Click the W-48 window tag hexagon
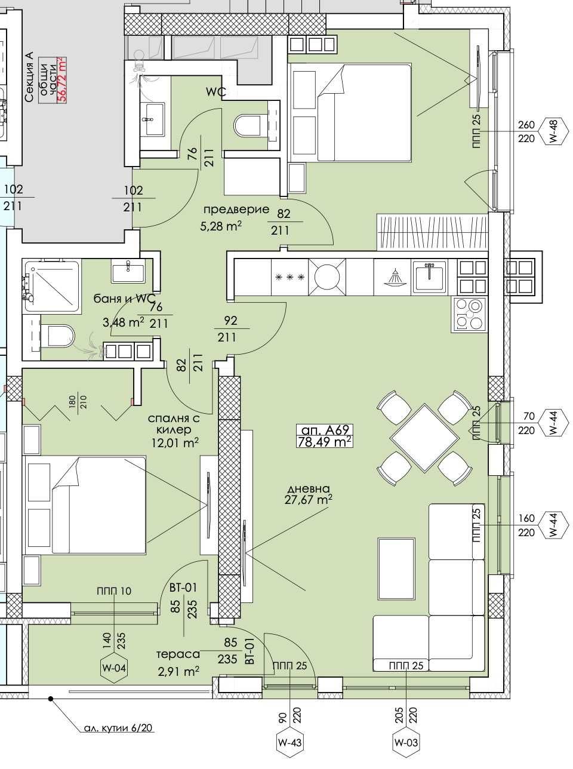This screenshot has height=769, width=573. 552,131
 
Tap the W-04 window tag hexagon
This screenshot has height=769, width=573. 113,668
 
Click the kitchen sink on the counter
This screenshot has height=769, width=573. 428,276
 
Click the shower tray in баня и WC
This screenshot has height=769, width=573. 52,286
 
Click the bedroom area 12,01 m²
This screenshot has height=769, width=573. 174,443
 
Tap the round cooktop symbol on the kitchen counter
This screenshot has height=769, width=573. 327,276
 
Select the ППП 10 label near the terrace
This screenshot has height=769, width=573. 113,591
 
